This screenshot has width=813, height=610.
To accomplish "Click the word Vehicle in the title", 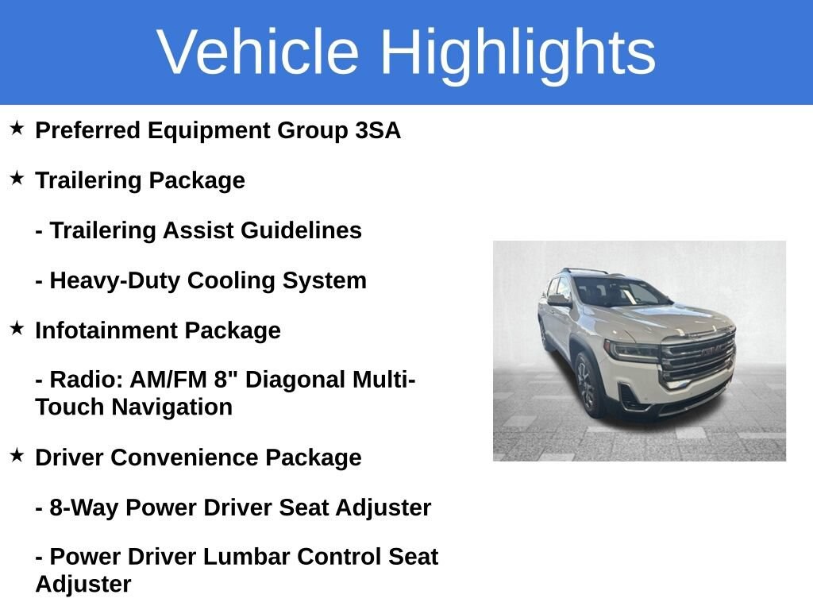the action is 258,52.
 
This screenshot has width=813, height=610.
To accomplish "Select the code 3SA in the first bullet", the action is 378,130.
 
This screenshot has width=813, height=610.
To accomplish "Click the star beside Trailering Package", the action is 17,178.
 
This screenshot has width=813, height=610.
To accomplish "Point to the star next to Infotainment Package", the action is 17,328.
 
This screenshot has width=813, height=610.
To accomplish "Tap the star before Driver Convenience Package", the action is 17,455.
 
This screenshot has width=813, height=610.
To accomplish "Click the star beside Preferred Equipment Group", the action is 17,128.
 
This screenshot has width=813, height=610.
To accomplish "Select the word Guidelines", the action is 301,230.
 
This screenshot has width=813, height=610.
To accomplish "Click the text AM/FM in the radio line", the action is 168,380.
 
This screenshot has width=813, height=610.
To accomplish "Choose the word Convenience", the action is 184,457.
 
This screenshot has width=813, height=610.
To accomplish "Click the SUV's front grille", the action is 697,357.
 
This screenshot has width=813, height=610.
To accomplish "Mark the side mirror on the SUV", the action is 560,299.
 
